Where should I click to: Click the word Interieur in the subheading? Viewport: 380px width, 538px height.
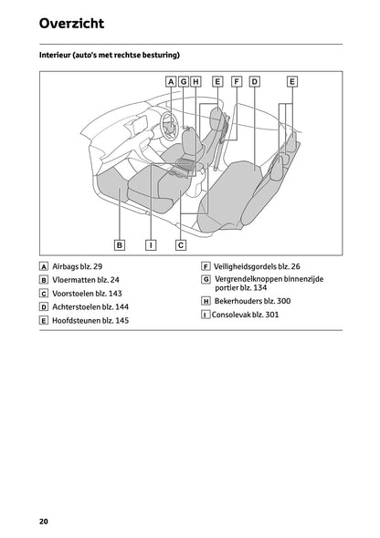58,56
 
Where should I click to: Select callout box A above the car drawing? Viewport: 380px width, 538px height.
171,81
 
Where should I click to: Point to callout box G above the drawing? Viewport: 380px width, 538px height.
184,81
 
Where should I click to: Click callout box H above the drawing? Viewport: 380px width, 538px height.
195,81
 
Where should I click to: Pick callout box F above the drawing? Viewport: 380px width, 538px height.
237,81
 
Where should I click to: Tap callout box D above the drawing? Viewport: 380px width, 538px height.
254,81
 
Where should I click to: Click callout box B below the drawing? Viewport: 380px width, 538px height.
120,244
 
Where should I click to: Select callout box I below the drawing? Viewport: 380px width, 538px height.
151,244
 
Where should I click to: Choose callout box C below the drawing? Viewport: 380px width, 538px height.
181,244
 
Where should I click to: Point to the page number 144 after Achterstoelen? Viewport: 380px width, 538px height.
119,307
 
